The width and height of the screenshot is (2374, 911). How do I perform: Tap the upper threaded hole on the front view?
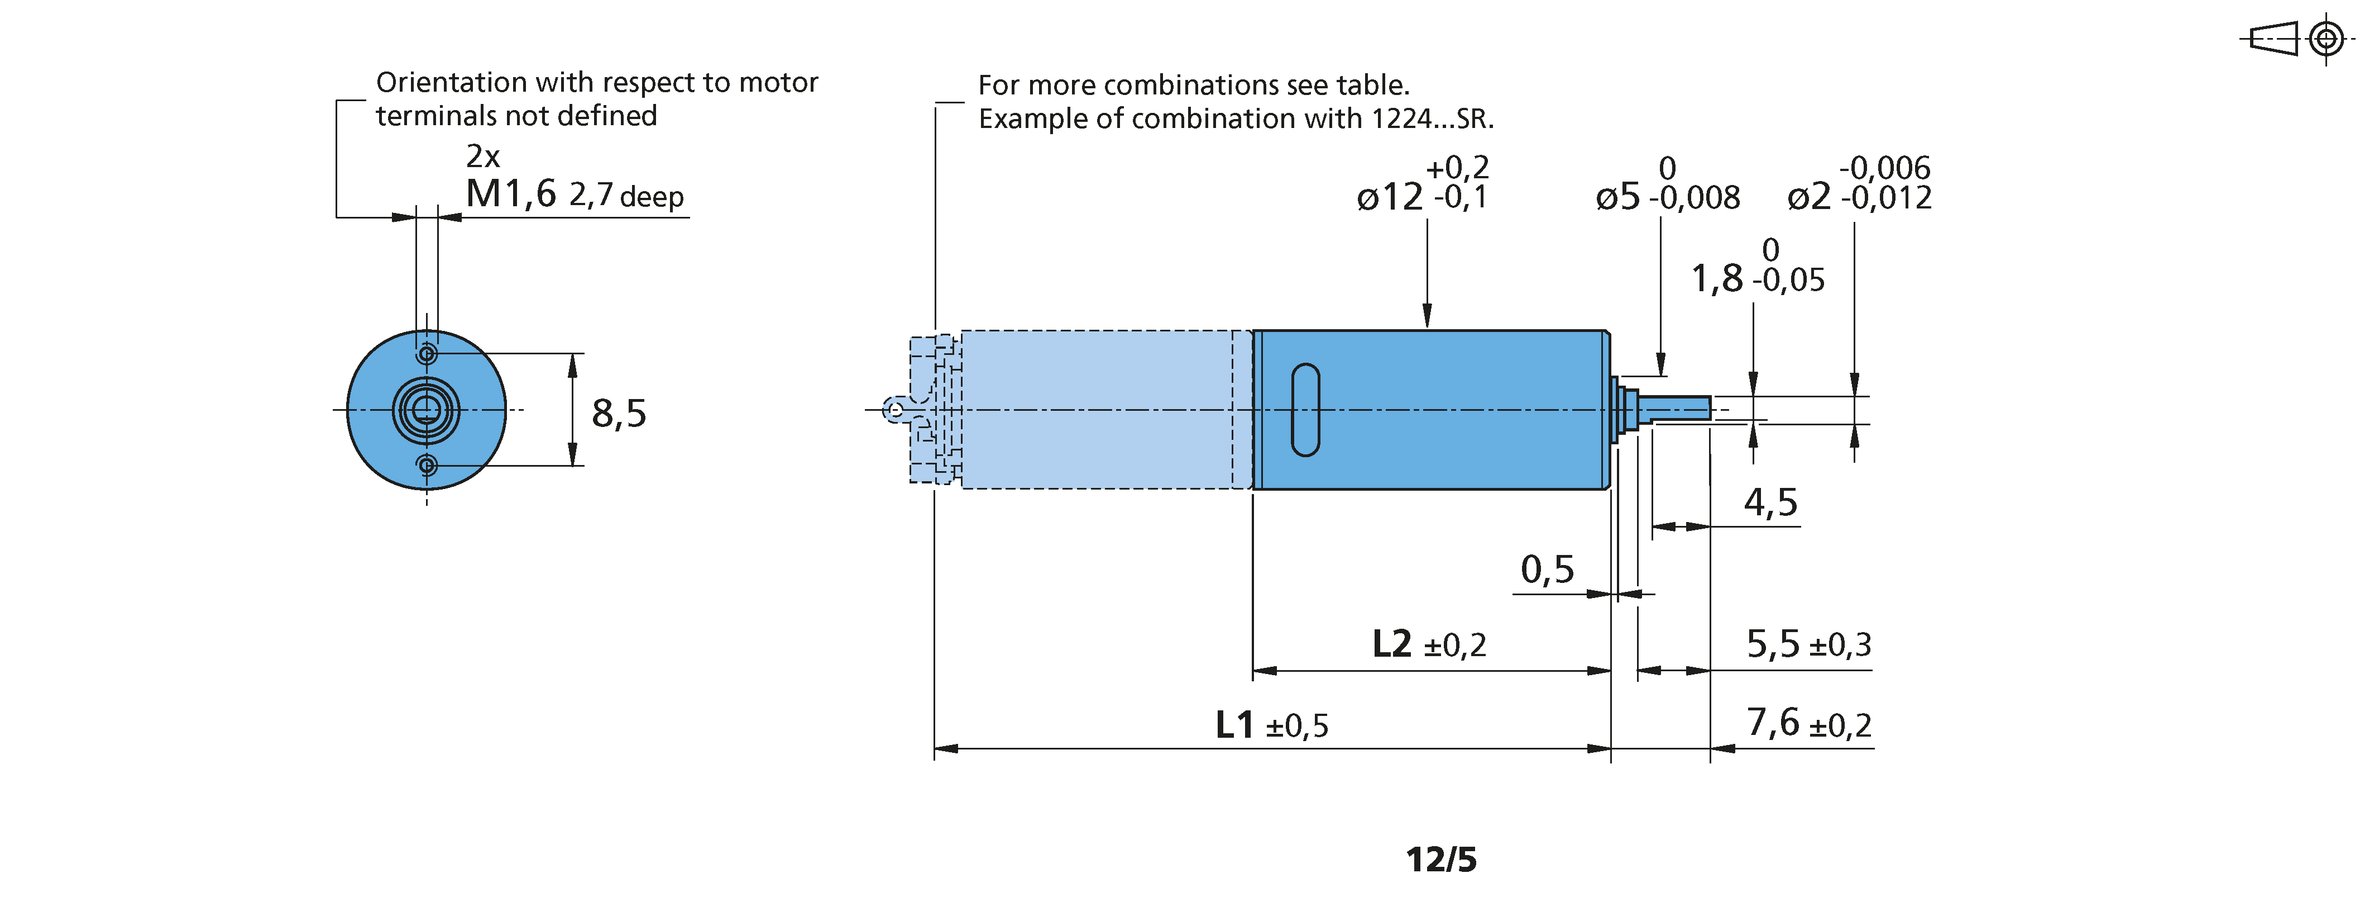point(427,354)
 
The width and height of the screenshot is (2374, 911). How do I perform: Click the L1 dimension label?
point(1234,725)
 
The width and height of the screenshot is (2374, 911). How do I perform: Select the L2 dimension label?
point(1391,644)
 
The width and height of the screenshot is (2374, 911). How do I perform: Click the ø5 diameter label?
point(1617,196)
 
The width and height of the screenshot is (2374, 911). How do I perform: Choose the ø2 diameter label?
point(1808,196)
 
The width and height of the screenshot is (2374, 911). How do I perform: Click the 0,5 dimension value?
point(1547,570)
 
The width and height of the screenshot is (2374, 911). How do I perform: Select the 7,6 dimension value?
point(1772,722)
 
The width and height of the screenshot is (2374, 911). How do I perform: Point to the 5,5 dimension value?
point(1772,644)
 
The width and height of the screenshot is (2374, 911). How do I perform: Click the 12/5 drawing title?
point(1440,860)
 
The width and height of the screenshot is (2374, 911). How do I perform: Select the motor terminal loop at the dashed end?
point(894,410)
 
